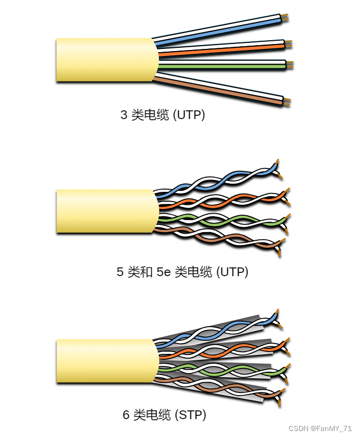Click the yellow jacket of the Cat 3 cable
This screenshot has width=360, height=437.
pyautogui.click(x=103, y=60)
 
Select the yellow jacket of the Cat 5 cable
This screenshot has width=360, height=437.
pyautogui.click(x=103, y=211)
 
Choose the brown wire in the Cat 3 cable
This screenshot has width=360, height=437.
pyautogui.click(x=218, y=89)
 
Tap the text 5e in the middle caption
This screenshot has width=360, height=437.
pyautogui.click(x=163, y=272)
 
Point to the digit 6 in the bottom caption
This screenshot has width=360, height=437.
pyautogui.click(x=126, y=416)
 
